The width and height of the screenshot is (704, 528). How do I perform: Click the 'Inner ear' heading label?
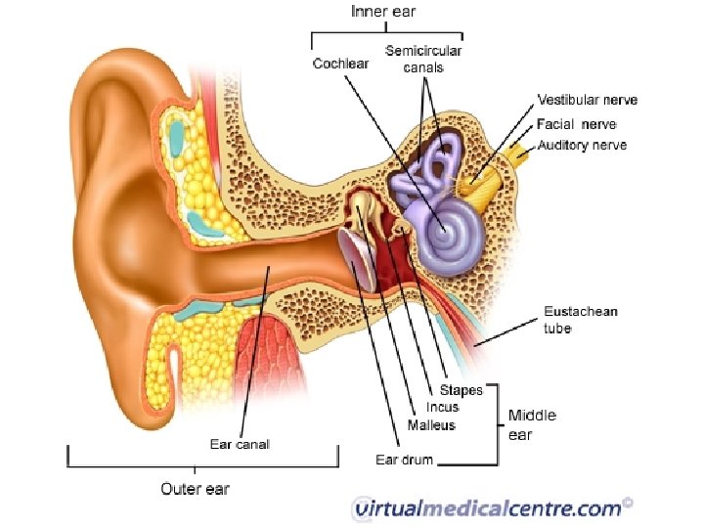point(384,13)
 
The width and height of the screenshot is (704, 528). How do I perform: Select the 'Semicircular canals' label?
point(423,59)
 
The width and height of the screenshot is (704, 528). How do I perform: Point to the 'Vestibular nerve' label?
point(587,101)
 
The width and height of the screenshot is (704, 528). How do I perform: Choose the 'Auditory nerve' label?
point(582,146)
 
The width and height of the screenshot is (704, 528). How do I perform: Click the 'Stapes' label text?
point(461,390)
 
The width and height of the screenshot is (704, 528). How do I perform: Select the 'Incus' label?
point(442,408)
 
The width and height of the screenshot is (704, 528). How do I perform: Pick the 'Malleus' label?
point(431,425)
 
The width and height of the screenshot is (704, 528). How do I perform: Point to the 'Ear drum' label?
point(404,459)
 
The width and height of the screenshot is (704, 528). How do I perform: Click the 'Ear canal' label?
point(240,444)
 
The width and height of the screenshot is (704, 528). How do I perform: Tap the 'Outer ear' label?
point(196,488)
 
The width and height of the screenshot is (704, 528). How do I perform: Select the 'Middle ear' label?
point(532,424)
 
